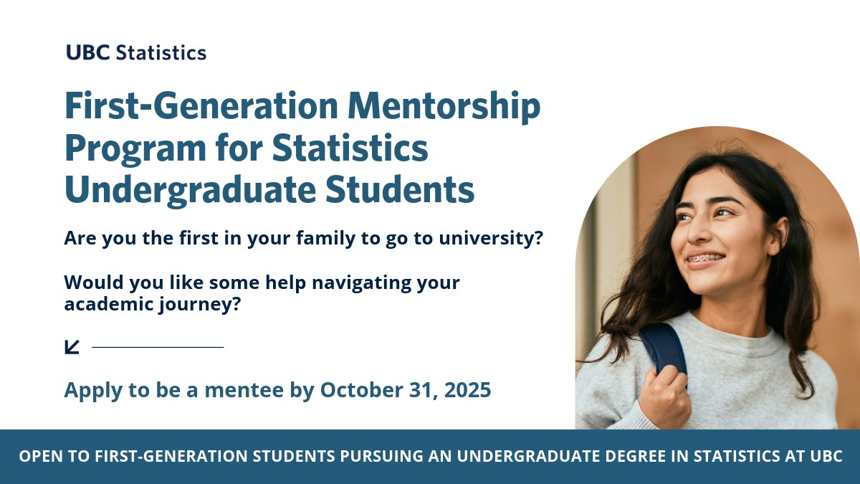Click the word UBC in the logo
[88, 52]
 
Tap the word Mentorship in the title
[444, 105]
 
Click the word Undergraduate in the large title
[191, 190]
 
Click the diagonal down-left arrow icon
[72, 347]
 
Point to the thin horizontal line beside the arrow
[158, 347]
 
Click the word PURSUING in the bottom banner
[381, 456]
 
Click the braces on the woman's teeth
[704, 260]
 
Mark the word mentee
[244, 389]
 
